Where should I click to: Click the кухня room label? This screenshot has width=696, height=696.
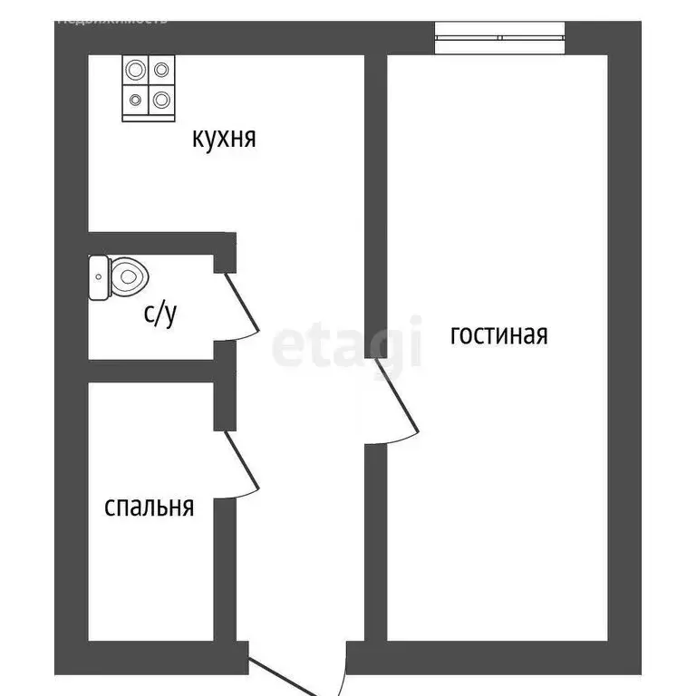[224, 139]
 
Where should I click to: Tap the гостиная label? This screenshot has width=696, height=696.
[499, 334]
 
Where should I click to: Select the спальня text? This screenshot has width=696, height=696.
[150, 507]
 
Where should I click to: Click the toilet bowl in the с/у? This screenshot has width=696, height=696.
[128, 276]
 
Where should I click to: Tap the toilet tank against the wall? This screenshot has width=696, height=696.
[98, 277]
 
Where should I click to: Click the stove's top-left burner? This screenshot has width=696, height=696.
[136, 71]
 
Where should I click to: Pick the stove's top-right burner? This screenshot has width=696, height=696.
[161, 71]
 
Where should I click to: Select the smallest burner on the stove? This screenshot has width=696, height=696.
[136, 100]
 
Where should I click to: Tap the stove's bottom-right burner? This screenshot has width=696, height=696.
[161, 99]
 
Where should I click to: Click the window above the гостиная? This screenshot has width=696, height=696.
[500, 37]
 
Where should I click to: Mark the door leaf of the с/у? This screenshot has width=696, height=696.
[241, 304]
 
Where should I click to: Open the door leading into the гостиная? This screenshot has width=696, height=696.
[397, 398]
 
